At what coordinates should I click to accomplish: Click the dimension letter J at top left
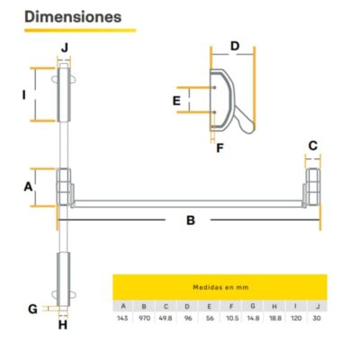[64, 47]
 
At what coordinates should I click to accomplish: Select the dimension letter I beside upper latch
[25, 93]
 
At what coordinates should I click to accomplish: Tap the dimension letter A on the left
[28, 186]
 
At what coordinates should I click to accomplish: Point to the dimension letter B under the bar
[191, 220]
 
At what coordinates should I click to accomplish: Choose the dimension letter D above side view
[234, 46]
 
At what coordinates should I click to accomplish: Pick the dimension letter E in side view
[177, 101]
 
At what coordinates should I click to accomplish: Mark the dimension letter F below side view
[220, 148]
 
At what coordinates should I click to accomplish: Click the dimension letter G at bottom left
[32, 309]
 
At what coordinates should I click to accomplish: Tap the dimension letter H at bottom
[63, 325]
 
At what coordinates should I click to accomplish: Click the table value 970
[144, 319]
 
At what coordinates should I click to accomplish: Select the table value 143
[122, 319]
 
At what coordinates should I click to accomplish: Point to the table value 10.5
[232, 319]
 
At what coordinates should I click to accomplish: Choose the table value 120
[297, 319]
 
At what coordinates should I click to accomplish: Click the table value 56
[210, 319]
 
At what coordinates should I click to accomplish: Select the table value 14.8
[254, 319]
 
